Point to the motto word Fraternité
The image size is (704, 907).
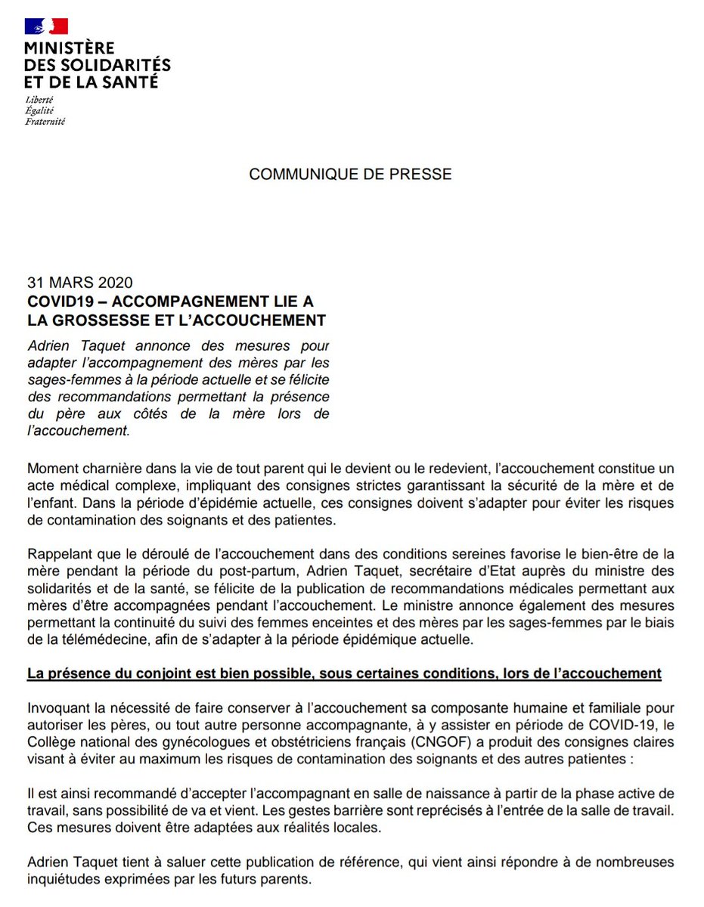click(x=45, y=121)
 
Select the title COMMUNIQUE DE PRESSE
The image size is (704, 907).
click(x=350, y=174)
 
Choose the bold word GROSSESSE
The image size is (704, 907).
click(x=101, y=320)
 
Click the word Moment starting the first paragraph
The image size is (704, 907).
click(x=52, y=469)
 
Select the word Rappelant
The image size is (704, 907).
click(x=59, y=555)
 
